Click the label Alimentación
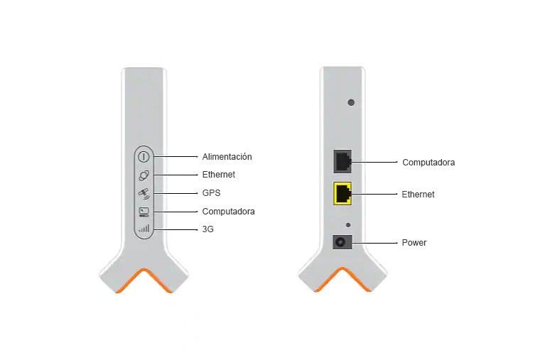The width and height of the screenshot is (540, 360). pyautogui.click(x=227, y=156)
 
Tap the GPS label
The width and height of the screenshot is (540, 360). pyautogui.click(x=211, y=193)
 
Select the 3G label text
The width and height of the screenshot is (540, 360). pyautogui.click(x=207, y=229)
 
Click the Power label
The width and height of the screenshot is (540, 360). pyautogui.click(x=414, y=243)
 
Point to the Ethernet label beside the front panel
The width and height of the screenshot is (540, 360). pyautogui.click(x=218, y=175)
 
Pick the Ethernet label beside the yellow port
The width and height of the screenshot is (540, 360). pyautogui.click(x=418, y=194)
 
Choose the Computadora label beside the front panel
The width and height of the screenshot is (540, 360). pyautogui.click(x=228, y=212)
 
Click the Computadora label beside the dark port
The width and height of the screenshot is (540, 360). pyautogui.click(x=428, y=163)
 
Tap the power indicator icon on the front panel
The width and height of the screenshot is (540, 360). pyautogui.click(x=144, y=156)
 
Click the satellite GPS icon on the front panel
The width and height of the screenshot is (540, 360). pyautogui.click(x=144, y=193)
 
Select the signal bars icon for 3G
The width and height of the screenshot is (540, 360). pyautogui.click(x=144, y=229)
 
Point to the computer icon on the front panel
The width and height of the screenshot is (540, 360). pyautogui.click(x=144, y=212)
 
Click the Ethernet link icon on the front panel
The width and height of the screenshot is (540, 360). pyautogui.click(x=144, y=175)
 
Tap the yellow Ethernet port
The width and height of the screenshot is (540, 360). pyautogui.click(x=343, y=193)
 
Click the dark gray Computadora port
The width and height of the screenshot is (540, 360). pyautogui.click(x=343, y=161)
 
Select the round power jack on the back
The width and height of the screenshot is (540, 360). pyautogui.click(x=342, y=242)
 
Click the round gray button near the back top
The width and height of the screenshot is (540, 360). pyautogui.click(x=351, y=102)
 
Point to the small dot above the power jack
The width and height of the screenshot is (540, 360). pyautogui.click(x=347, y=224)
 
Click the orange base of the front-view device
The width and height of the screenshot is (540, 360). pyautogui.click(x=144, y=278)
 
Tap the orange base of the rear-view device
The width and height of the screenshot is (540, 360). pyautogui.click(x=343, y=278)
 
